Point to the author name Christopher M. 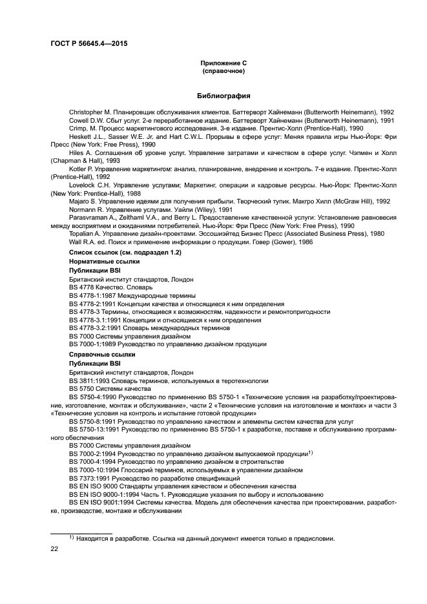94,112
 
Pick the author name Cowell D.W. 87,120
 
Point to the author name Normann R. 89,209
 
